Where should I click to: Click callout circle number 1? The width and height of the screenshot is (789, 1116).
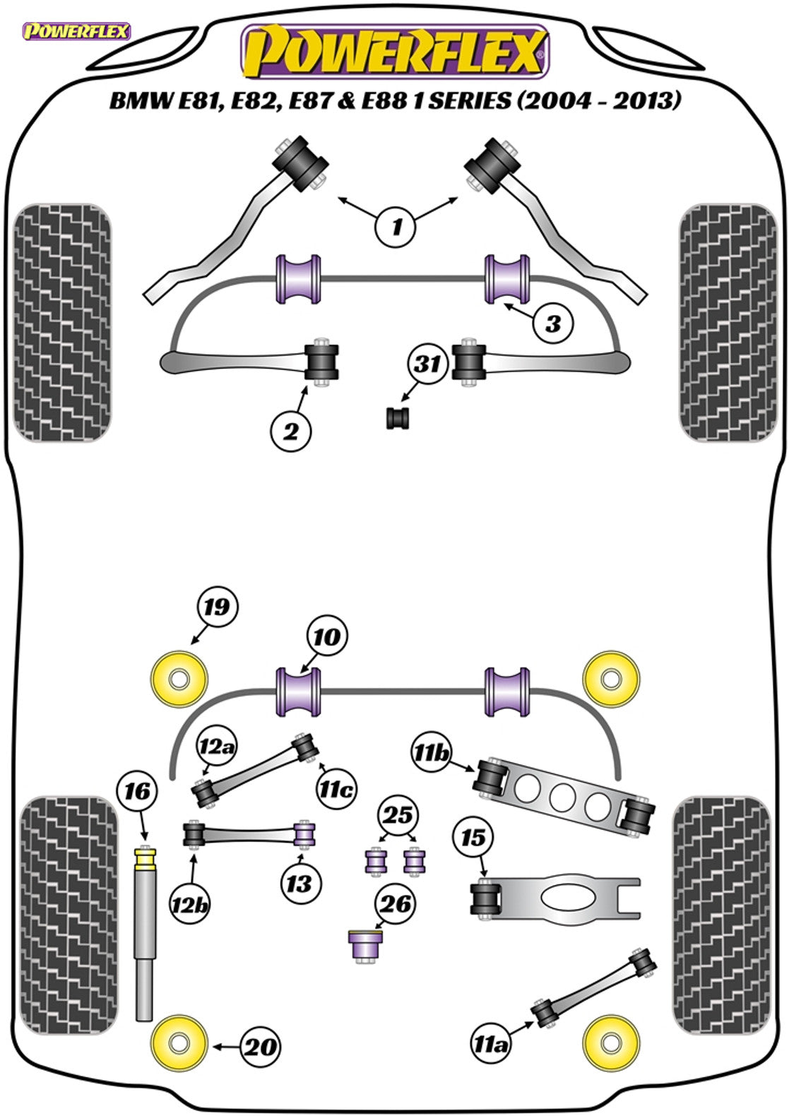point(396,227)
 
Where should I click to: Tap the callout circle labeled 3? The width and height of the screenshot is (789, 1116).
point(553,323)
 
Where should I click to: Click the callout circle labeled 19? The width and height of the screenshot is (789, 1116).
point(216,607)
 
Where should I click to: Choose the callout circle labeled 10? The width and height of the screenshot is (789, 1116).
point(327,637)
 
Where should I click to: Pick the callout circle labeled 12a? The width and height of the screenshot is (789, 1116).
point(217,746)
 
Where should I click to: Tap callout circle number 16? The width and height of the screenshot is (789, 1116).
point(138,792)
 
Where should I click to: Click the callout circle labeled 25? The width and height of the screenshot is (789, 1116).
point(397,815)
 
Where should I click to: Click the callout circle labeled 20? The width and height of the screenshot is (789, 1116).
point(261,1046)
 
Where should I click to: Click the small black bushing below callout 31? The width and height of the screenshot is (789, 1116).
point(398,417)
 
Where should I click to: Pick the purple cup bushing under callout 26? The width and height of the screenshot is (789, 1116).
point(366,945)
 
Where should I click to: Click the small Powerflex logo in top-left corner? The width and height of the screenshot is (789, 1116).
point(76,31)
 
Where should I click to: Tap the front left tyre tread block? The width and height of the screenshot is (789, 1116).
point(62,323)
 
